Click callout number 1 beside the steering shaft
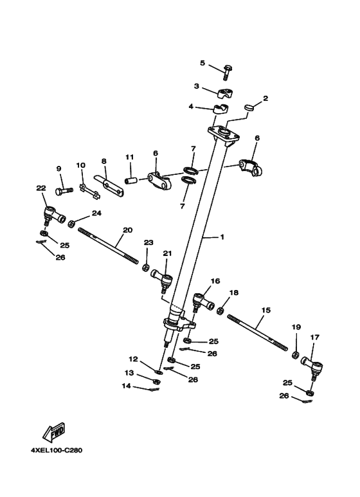click(222, 237)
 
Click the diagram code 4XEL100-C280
click(56, 449)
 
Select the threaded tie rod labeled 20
click(109, 245)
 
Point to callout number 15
click(266, 310)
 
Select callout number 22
click(41, 188)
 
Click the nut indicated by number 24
click(71, 221)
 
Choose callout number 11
click(129, 157)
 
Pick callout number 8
click(103, 161)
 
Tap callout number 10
click(80, 165)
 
